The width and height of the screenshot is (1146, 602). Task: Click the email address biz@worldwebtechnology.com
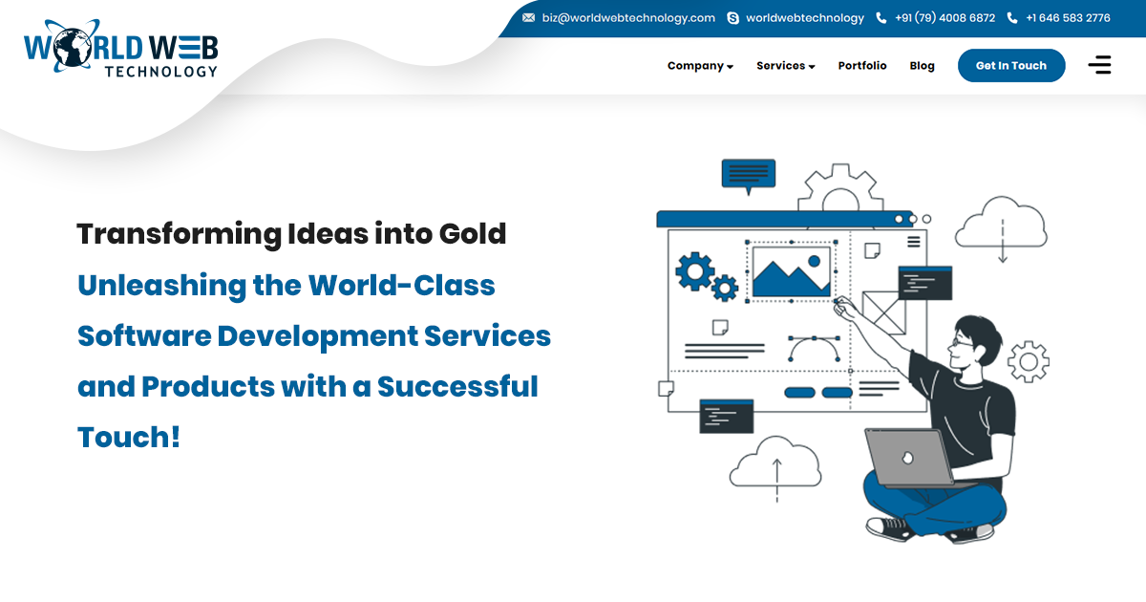pyautogui.click(x=627, y=18)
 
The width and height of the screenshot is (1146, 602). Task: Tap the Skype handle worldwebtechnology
pyautogui.click(x=804, y=18)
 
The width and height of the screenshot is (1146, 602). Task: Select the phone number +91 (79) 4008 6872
pyautogui.click(x=944, y=18)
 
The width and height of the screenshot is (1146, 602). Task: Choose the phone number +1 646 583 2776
pyautogui.click(x=1067, y=18)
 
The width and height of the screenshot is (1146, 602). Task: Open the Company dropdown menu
pyautogui.click(x=700, y=66)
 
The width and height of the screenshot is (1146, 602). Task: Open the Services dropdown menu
pyautogui.click(x=785, y=66)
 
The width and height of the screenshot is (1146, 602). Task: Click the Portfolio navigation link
pyautogui.click(x=862, y=66)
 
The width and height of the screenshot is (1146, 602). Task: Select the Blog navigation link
pyautogui.click(x=922, y=66)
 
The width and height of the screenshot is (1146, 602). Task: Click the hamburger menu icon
pyautogui.click(x=1099, y=65)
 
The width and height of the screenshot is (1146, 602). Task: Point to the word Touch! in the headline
pyautogui.click(x=129, y=438)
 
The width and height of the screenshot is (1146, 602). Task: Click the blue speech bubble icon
pyautogui.click(x=748, y=175)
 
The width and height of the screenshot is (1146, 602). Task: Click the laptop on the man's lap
pyautogui.click(x=907, y=458)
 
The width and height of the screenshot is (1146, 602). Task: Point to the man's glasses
pyautogui.click(x=962, y=340)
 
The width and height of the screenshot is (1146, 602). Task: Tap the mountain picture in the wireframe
pyautogui.click(x=791, y=272)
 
